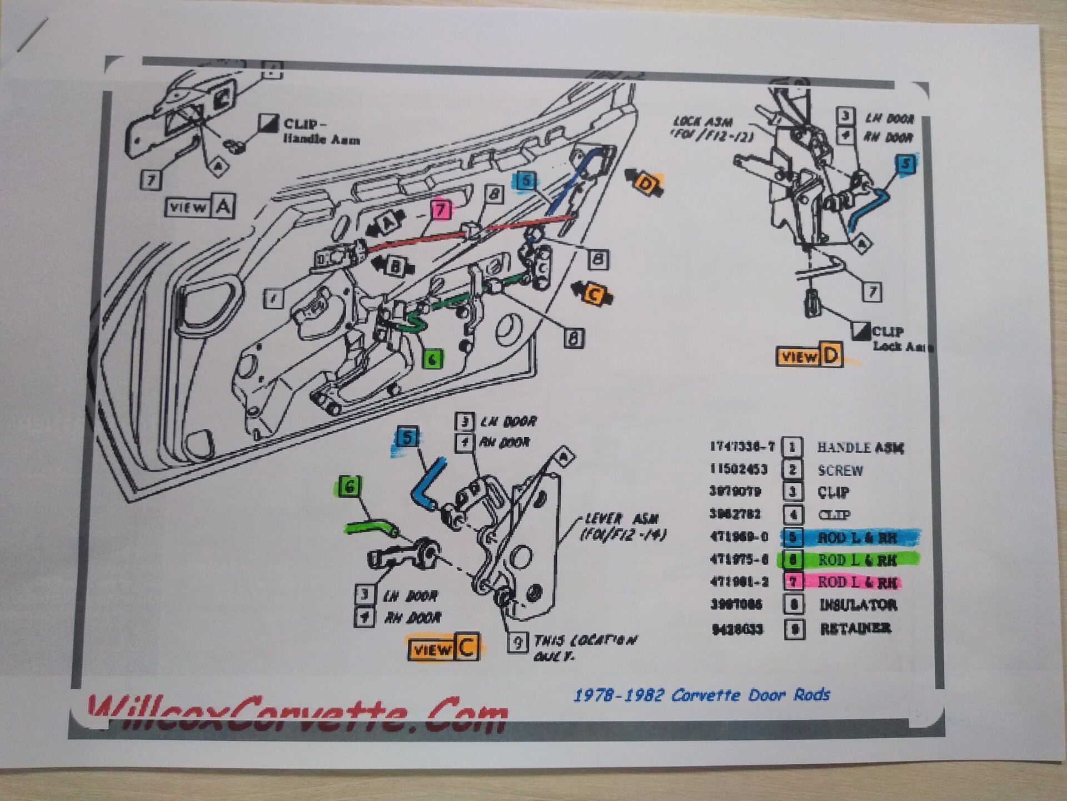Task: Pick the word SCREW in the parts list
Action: tap(840, 471)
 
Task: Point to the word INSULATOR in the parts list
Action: tap(858, 605)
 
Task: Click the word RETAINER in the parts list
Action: tap(856, 629)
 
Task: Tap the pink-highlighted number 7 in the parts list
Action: tap(793, 582)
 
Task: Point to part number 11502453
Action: tap(738, 469)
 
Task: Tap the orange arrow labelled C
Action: tap(593, 293)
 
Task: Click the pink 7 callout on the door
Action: tap(441, 210)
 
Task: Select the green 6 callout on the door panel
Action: tap(433, 359)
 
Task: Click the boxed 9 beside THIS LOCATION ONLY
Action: tap(517, 643)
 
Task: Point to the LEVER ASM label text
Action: tap(621, 520)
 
